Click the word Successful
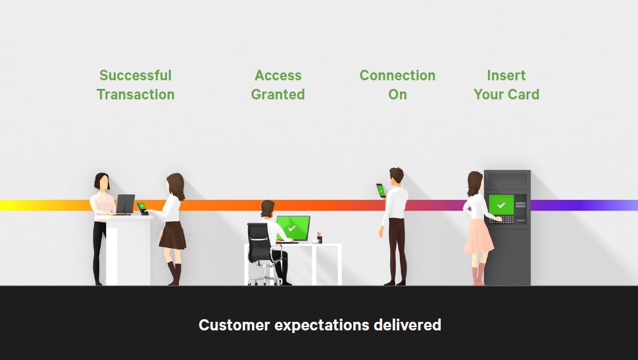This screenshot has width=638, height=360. tap(135, 76)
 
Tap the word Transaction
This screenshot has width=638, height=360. tap(135, 95)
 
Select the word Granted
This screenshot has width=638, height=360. tap(278, 95)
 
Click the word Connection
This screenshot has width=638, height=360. tap(397, 76)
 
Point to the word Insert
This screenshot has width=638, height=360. tap(506, 76)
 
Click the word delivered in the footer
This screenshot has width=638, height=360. tap(408, 325)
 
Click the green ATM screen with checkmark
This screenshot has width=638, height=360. tap(501, 205)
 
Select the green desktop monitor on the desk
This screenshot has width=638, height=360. tap(292, 228)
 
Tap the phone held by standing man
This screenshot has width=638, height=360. tap(380, 190)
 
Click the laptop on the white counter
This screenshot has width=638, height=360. tap(124, 204)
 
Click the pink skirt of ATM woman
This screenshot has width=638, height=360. tap(478, 236)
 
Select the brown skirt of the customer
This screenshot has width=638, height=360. tap(172, 235)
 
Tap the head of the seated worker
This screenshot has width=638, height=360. tap(266, 209)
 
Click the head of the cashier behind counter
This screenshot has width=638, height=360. tap(101, 181)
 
